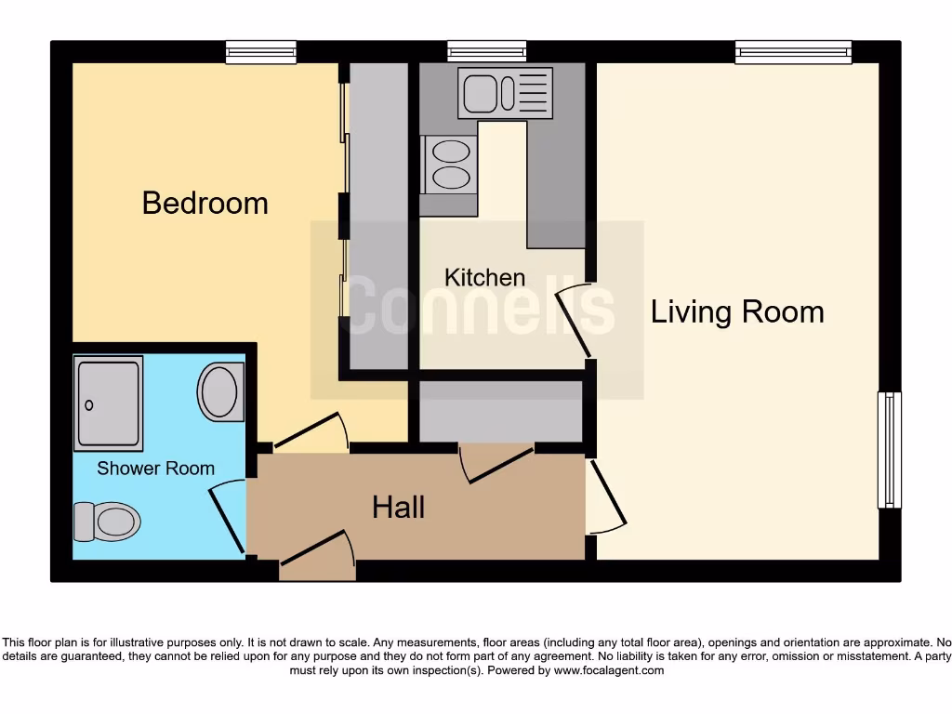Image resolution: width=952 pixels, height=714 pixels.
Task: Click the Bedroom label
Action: (x=205, y=203)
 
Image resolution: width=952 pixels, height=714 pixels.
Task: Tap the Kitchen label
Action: (x=484, y=277)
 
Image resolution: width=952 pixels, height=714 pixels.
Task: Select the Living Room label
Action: (x=736, y=311)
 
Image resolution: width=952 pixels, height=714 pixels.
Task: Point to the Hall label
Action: (x=398, y=507)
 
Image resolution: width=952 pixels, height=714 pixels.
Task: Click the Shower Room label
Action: (x=155, y=469)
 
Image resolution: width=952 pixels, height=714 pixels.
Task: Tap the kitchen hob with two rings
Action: (x=450, y=165)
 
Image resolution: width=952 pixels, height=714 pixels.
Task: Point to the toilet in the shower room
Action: (x=107, y=521)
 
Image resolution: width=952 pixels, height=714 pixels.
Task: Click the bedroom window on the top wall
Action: (x=261, y=52)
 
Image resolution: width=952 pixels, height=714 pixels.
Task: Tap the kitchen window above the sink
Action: (x=486, y=52)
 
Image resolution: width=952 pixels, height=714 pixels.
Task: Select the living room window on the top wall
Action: (x=793, y=52)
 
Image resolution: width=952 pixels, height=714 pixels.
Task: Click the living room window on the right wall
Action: (x=890, y=450)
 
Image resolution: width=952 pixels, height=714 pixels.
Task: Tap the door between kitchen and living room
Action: (x=575, y=322)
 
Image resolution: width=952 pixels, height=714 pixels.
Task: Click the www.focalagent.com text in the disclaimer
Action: (x=609, y=670)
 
